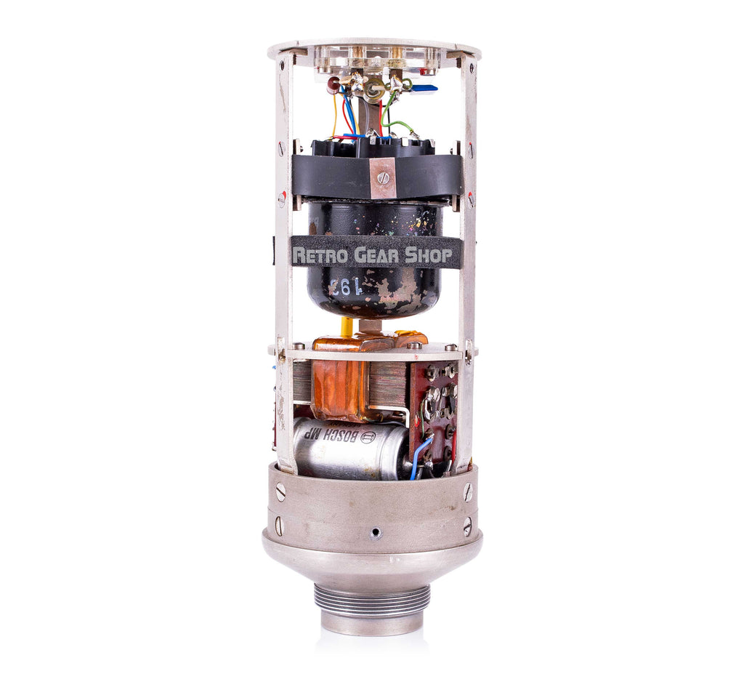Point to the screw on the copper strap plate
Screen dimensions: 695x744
point(383,177)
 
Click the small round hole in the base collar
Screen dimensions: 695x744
point(374,533)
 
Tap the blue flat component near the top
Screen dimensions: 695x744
point(424,88)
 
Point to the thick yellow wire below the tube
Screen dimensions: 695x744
point(347,326)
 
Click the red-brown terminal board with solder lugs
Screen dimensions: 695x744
point(433,407)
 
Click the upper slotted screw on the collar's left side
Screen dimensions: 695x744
point(280,492)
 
